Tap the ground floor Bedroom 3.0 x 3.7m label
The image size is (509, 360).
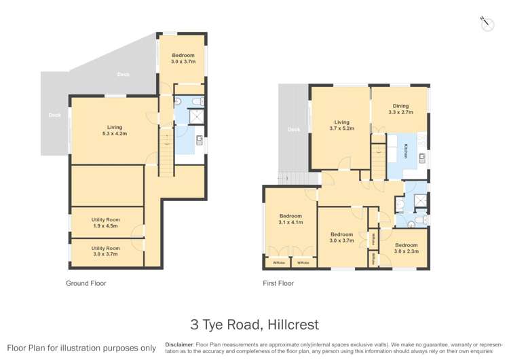point(183,58)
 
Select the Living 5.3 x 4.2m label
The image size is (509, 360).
point(114,130)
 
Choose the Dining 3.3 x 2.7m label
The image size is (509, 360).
point(400,109)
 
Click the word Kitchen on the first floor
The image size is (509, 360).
point(407,151)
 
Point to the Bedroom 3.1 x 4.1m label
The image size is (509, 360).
point(290,219)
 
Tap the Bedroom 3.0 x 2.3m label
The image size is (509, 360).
point(407,248)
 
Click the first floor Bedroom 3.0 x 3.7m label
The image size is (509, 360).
point(341,237)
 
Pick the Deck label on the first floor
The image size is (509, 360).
point(293,130)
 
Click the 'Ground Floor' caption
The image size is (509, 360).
point(86,283)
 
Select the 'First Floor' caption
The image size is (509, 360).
point(278,283)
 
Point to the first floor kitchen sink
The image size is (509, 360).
point(421,160)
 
